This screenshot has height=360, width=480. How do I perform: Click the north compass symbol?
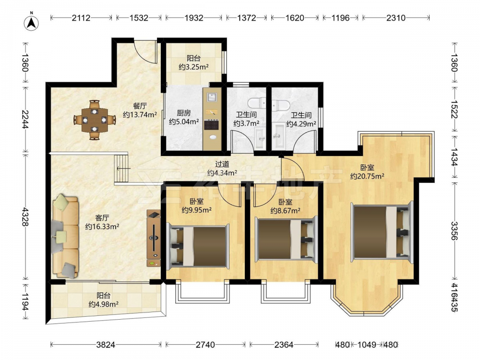(32, 22)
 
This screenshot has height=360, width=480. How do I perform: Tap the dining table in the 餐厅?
(95, 120)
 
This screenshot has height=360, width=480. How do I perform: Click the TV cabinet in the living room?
(154, 238)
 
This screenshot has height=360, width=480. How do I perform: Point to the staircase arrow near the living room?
(124, 168)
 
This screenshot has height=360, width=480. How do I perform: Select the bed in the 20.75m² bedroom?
(383, 232)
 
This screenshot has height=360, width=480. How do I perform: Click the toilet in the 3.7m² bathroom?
(257, 102)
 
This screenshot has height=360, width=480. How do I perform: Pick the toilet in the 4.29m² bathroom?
(280, 105)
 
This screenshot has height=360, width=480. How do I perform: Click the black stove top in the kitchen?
(211, 125)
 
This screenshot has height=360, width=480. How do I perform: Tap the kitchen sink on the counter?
(212, 97)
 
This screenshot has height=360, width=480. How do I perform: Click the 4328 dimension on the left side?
(25, 217)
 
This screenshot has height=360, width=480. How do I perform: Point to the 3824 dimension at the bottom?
(106, 345)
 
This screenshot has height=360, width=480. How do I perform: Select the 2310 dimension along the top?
(396, 18)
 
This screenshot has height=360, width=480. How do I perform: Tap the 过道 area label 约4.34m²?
(222, 173)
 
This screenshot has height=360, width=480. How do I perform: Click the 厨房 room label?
(184, 113)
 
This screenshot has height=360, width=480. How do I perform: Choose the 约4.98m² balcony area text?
(104, 304)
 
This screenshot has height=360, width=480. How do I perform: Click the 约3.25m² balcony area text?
(194, 67)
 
